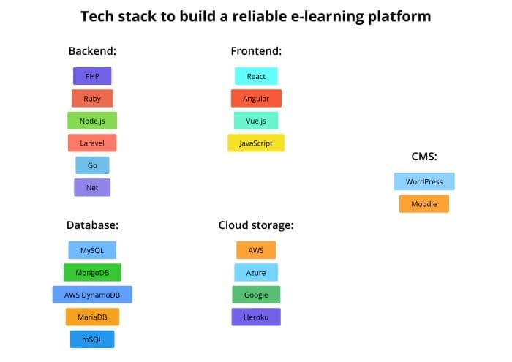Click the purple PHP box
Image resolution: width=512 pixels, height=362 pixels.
[x=92, y=76]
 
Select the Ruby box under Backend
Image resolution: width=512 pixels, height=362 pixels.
[x=92, y=98]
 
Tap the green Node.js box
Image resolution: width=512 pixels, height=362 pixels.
[x=92, y=121]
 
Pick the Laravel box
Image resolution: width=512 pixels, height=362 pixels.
[x=92, y=143]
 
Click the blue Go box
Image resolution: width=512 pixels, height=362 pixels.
[x=92, y=165]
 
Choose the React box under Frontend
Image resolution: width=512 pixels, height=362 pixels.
[x=256, y=76]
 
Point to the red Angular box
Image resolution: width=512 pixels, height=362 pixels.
[x=256, y=98]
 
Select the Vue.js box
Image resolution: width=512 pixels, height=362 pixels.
[x=256, y=121]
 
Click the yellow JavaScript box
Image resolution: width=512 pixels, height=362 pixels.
[x=256, y=143]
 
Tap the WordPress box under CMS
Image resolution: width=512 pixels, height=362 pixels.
[x=424, y=181]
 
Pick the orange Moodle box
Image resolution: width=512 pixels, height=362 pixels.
[x=424, y=204]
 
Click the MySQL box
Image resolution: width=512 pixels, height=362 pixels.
[x=92, y=250]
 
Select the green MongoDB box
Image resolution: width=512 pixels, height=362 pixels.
[x=92, y=272]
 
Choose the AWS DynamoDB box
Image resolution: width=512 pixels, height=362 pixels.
[x=92, y=295]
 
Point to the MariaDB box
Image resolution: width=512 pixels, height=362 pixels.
[x=92, y=317]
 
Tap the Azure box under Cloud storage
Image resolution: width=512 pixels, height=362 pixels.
[x=256, y=272]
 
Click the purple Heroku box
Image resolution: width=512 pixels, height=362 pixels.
[x=256, y=317]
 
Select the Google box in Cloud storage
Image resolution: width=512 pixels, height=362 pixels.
[x=256, y=295]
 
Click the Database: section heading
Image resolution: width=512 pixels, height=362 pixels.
[x=92, y=225]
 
